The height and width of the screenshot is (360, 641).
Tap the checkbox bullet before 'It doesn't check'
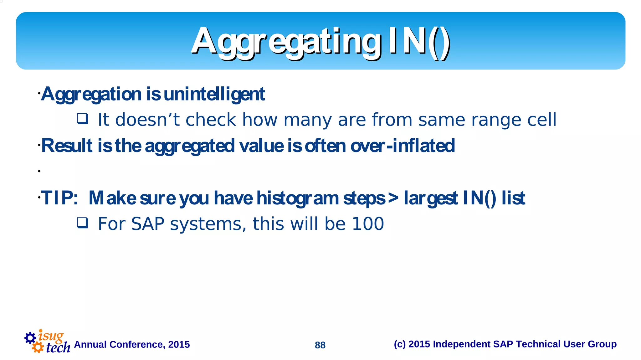coord(83,119)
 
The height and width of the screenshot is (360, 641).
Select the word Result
coord(67,146)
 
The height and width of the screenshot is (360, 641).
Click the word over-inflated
coord(403,146)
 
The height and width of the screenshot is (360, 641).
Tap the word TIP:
coord(59,198)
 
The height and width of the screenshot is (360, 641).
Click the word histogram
coord(298,198)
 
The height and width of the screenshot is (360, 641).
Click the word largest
coord(431,198)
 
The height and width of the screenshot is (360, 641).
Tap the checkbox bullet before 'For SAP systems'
coord(83,223)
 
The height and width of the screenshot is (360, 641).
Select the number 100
coord(368,224)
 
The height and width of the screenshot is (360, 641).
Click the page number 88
coord(320,345)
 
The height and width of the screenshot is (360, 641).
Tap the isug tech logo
coord(47,342)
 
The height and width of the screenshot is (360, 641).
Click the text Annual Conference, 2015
coord(132,344)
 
